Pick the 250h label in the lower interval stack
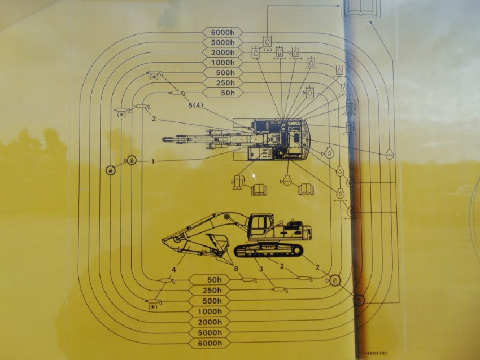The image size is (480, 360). (215, 291)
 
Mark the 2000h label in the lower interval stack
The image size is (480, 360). (215, 323)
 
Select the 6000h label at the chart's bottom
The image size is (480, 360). (215, 344)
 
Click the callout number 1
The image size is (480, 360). (152, 161)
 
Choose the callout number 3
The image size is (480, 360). (260, 269)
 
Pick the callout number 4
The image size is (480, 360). (174, 270)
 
